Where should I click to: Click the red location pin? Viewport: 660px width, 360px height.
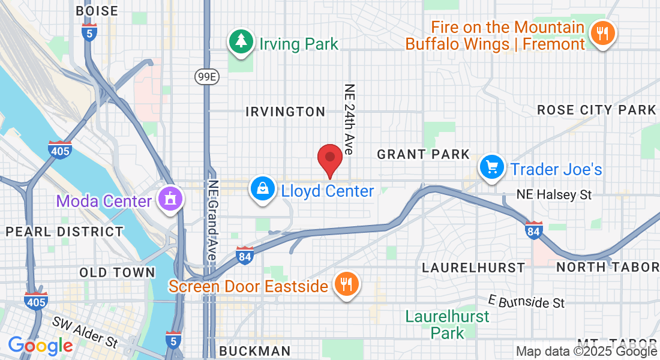329,159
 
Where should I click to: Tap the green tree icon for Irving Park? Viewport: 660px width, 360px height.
241,42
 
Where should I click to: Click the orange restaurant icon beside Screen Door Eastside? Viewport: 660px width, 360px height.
346,284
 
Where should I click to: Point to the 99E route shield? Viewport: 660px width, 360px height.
205,77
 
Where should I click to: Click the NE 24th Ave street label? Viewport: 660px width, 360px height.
349,119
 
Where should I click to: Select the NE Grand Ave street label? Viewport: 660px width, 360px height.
212,220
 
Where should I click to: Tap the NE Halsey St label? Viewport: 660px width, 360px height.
554,194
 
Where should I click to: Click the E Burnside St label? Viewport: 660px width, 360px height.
526,301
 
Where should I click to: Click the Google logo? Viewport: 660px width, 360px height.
40,346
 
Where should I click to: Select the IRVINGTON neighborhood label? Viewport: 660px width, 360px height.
286,112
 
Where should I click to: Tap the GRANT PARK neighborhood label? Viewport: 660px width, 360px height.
423,154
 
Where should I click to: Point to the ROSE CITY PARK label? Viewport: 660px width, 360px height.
596,110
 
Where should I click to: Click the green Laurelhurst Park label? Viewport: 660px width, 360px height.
447,324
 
